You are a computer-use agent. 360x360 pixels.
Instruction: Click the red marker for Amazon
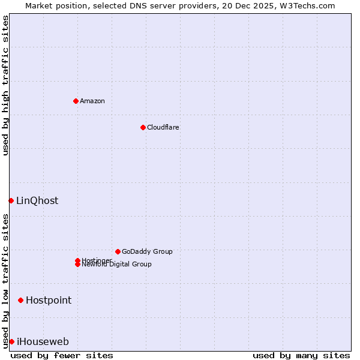coord(76,101)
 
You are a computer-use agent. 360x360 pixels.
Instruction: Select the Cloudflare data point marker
coord(143,127)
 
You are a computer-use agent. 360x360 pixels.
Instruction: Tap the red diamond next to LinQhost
coord(11,200)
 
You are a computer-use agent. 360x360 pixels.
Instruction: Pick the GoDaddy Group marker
coord(118,251)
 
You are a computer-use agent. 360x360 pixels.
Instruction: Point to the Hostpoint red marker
coord(20,300)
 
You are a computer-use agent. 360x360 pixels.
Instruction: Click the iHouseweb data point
coord(11,341)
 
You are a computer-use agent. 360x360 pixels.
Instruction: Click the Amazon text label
coord(92,101)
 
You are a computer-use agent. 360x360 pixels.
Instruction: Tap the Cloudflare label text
coord(163,127)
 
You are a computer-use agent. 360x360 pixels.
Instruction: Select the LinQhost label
coord(37,200)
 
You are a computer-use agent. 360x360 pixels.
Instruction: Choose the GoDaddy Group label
coord(147,251)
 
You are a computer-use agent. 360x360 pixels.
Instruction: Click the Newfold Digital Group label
coord(117,265)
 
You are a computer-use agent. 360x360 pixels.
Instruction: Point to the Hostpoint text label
coord(49,300)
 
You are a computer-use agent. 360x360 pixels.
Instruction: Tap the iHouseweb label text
coord(43,342)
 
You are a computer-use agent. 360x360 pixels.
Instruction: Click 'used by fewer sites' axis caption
coord(62,355)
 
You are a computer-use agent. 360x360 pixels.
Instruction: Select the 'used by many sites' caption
coord(301,355)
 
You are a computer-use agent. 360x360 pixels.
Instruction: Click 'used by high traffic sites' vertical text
coord(5,85)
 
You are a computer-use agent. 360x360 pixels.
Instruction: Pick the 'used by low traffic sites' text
coord(5,281)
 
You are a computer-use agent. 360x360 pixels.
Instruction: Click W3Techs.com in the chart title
coord(305,5)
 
